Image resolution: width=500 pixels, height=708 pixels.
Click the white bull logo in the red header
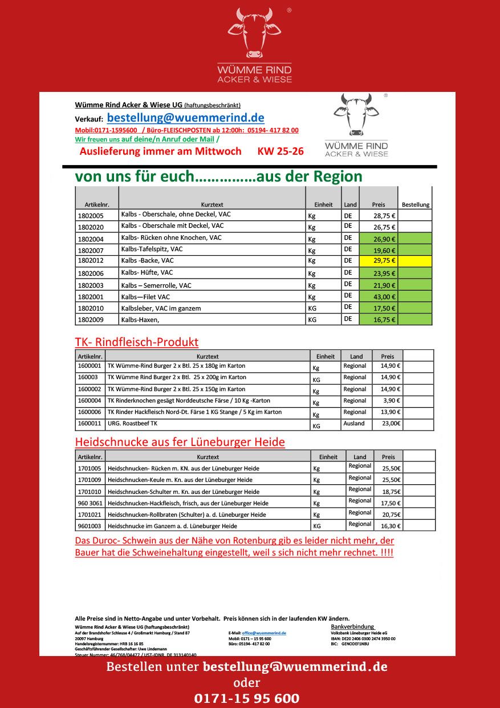tap(254, 33)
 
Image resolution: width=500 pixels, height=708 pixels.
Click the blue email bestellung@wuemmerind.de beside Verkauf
tap(185, 118)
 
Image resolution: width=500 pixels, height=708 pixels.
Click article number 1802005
tap(91, 216)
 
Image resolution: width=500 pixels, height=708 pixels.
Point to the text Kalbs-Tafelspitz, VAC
tap(152, 250)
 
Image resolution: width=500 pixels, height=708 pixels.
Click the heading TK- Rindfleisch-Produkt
tap(136, 342)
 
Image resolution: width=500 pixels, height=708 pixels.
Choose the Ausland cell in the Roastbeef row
tap(354, 424)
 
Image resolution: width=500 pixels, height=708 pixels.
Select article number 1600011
tap(90, 424)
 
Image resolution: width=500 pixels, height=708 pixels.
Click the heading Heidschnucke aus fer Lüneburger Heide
tap(180, 442)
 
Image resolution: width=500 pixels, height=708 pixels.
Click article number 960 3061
tap(90, 503)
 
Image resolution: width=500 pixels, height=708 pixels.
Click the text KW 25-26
tap(281, 151)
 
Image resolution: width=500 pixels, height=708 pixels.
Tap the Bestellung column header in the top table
tap(416, 204)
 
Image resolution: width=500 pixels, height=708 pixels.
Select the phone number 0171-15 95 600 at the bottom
tap(246, 698)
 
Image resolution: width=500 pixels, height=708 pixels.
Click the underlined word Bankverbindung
tap(352, 626)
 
